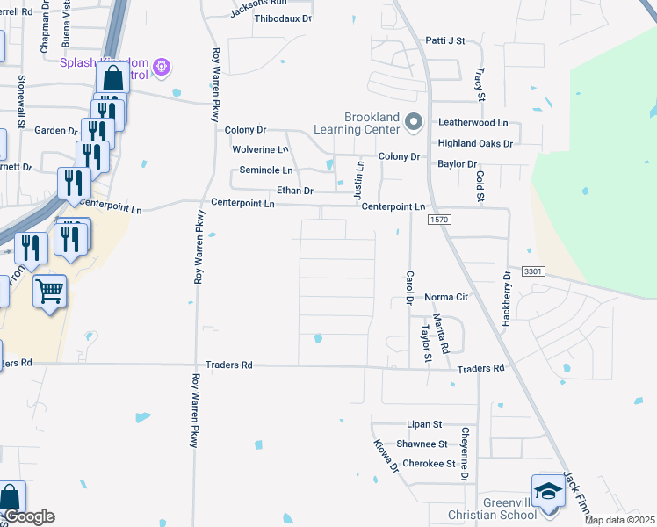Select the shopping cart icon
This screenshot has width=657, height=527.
(50, 290)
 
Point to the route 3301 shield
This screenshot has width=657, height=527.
(532, 272)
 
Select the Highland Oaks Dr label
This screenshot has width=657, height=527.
(475, 142)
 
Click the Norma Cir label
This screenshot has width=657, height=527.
(445, 298)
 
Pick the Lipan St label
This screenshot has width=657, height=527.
(423, 424)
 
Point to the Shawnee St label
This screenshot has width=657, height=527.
(422, 444)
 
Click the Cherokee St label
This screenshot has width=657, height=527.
(428, 464)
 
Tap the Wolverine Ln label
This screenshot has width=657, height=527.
(260, 149)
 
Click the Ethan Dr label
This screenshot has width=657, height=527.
(295, 190)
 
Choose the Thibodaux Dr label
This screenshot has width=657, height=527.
(283, 18)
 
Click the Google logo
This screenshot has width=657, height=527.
(29, 516)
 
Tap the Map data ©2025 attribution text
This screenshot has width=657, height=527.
(620, 520)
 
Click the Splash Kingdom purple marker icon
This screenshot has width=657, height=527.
(161, 66)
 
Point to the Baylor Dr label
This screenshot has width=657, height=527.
(457, 163)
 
